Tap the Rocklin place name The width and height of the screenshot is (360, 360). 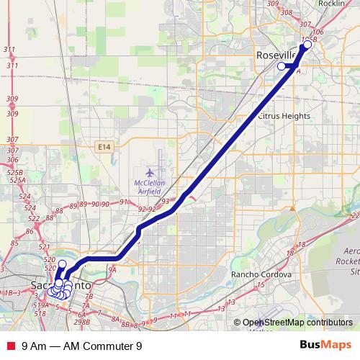click(331, 4)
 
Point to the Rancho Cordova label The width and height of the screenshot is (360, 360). click(261, 275)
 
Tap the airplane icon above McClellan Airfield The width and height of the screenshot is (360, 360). click(150, 173)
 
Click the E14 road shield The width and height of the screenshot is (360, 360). click(105, 146)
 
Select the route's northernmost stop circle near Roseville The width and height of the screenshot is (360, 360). click(307, 45)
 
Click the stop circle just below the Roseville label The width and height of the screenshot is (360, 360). click(282, 66)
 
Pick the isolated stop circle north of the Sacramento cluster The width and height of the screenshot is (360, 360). click(62, 264)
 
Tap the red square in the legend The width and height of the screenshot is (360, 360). click(9, 345)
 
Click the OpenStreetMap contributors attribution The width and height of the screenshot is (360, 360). click(297, 322)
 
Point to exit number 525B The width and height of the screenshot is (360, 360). click(15, 174)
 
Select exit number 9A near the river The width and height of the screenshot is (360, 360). click(112, 271)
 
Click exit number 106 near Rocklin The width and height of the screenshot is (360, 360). click(318, 32)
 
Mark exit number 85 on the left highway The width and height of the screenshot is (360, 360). click(31, 232)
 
